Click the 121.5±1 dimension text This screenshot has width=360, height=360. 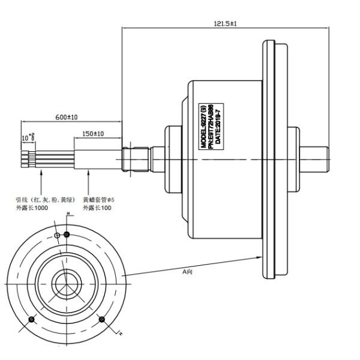click(224, 22)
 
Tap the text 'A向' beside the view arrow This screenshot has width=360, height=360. click(187, 271)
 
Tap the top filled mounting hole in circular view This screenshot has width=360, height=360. click(67, 234)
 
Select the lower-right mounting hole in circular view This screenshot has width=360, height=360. click(101, 319)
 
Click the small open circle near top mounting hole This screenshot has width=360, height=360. click(57, 236)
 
